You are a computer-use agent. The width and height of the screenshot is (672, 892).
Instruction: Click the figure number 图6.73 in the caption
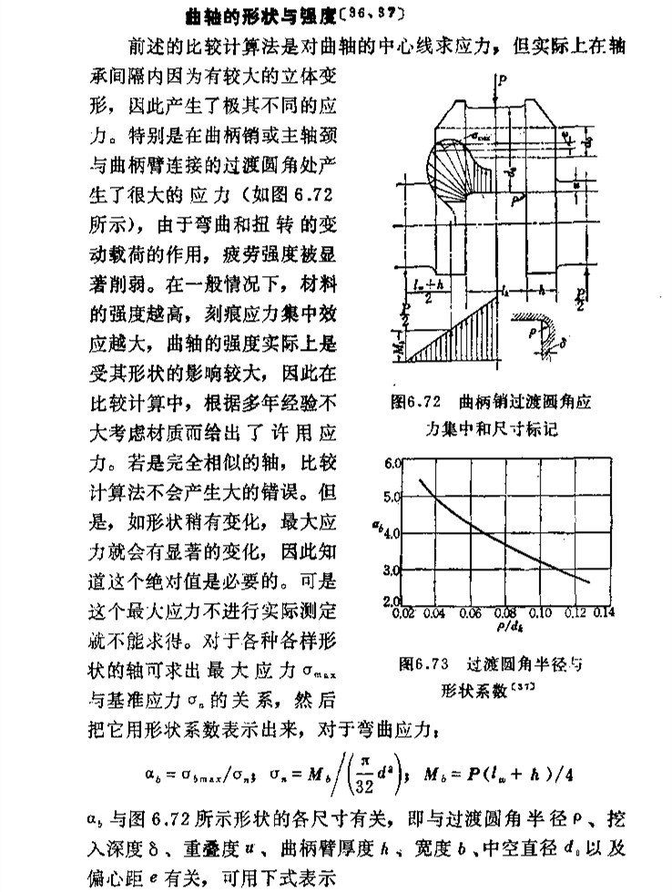pyautogui.click(x=423, y=664)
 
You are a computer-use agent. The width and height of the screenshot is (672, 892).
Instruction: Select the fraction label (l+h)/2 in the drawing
pyautogui.click(x=424, y=292)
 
